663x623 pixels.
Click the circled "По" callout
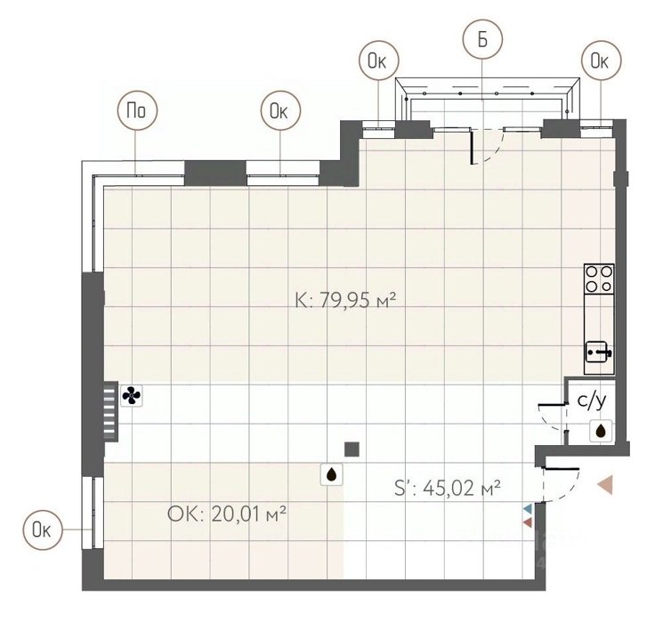click(x=137, y=110)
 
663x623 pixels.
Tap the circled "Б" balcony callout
click(x=482, y=40)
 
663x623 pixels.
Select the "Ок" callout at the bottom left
click(x=43, y=530)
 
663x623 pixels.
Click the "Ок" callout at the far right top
click(x=601, y=61)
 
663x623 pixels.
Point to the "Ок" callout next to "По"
click(x=280, y=110)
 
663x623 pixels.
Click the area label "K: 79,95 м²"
click(x=345, y=301)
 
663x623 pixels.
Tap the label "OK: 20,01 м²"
click(x=227, y=514)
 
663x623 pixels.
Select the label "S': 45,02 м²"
click(x=448, y=488)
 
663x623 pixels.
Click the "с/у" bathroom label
click(x=592, y=401)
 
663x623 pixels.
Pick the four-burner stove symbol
click(x=599, y=279)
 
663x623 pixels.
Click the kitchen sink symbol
click(x=599, y=352)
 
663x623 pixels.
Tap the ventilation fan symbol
click(x=132, y=396)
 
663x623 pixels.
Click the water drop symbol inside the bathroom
click(x=602, y=431)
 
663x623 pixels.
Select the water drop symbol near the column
click(x=331, y=474)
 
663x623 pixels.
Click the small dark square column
click(x=352, y=449)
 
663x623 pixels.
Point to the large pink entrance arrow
click(x=605, y=485)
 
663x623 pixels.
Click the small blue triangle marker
click(x=528, y=509)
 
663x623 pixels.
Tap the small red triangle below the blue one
click(x=528, y=522)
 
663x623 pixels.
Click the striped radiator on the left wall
click(x=110, y=411)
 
